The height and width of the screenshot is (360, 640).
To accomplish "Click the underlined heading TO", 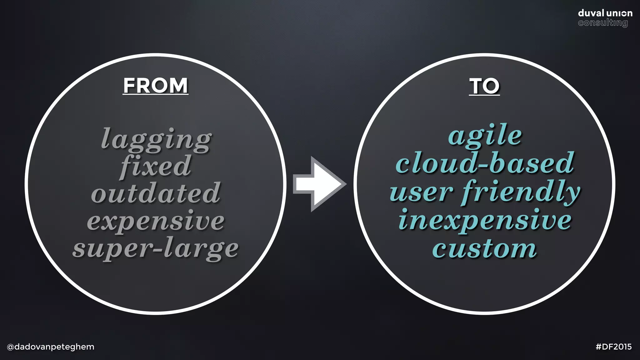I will [x=484, y=86].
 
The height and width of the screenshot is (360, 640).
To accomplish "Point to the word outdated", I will [x=156, y=193].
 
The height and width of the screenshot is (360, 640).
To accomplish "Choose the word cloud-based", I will [x=485, y=163].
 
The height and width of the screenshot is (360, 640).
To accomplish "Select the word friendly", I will [x=521, y=192].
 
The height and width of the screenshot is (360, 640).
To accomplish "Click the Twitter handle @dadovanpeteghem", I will [x=50, y=347].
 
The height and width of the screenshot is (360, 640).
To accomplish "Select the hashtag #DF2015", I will [x=613, y=347].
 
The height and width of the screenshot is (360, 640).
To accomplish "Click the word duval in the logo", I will [x=591, y=13].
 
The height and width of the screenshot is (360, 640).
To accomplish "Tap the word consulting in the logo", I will [x=602, y=23].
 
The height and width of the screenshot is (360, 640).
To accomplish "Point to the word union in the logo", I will [x=619, y=13].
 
